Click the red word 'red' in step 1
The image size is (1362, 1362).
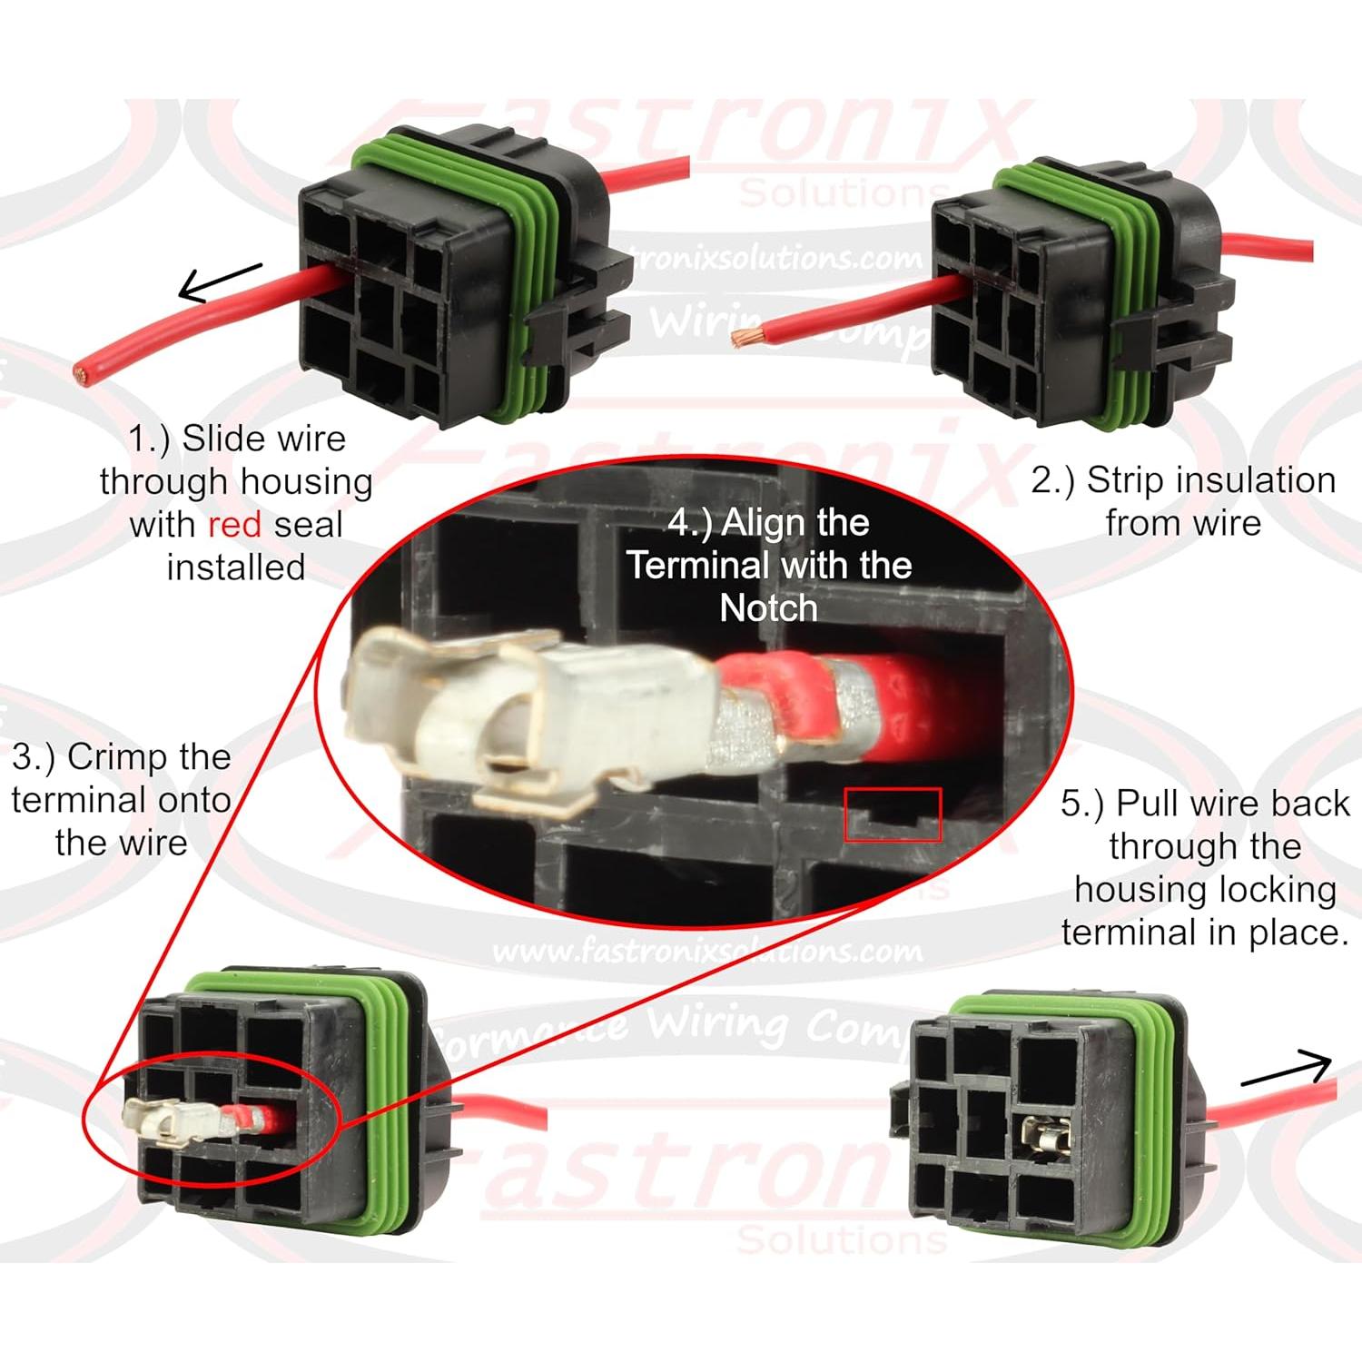[234, 525]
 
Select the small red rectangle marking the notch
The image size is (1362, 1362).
[893, 814]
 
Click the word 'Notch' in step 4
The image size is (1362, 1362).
[768, 607]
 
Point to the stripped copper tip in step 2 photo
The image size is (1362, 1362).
[747, 339]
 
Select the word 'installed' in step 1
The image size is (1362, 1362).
[235, 567]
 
